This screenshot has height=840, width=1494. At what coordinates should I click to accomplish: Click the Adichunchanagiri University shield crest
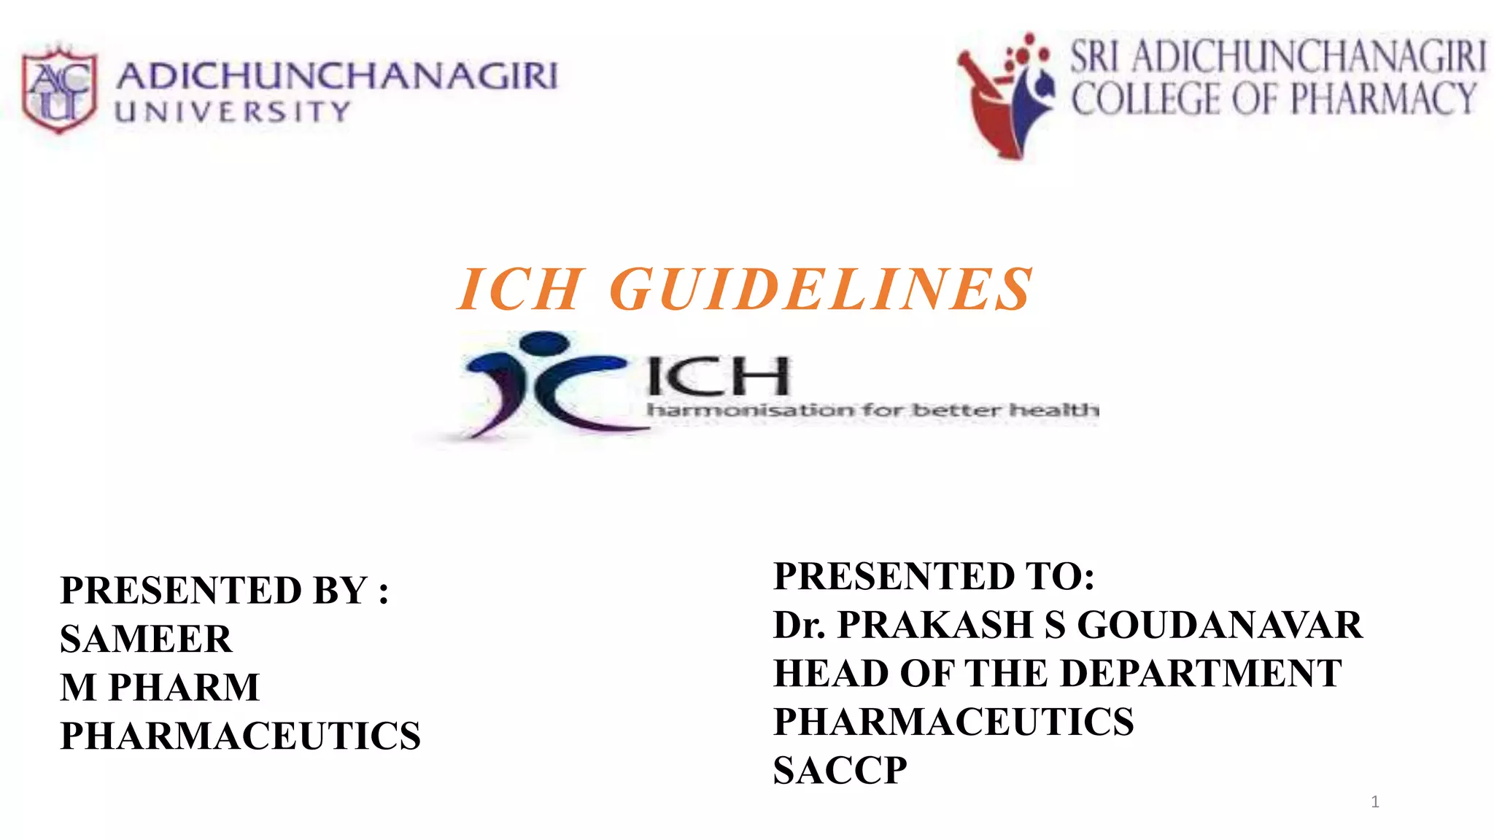pyautogui.click(x=59, y=90)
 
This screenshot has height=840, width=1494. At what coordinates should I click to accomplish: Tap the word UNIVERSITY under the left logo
pyautogui.click(x=233, y=112)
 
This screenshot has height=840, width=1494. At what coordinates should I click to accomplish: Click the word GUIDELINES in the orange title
pyautogui.click(x=821, y=289)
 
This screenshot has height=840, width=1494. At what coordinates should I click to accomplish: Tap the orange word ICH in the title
pyautogui.click(x=519, y=289)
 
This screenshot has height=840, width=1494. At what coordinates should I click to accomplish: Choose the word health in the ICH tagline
pyautogui.click(x=1054, y=411)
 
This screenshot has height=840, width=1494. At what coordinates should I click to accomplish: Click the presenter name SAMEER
pyautogui.click(x=146, y=639)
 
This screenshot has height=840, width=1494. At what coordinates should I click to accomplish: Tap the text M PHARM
pyautogui.click(x=160, y=687)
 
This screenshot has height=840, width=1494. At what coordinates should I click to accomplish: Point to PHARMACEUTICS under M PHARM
pyautogui.click(x=240, y=736)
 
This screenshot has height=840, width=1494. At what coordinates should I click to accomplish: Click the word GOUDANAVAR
pyautogui.click(x=1219, y=625)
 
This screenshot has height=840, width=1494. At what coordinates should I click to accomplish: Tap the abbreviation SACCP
pyautogui.click(x=840, y=770)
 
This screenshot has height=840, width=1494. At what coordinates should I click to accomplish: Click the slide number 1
pyautogui.click(x=1375, y=802)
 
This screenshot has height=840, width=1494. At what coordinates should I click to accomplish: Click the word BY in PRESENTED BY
pyautogui.click(x=339, y=590)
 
